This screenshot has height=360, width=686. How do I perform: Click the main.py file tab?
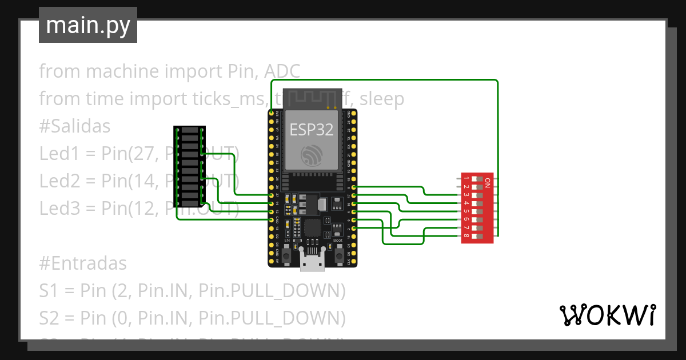87,25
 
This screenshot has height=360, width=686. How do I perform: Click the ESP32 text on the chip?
312,130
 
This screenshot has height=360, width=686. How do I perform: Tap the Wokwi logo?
607,315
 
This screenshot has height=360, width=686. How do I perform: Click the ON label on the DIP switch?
487,183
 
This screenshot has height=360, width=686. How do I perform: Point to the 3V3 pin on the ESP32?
271,114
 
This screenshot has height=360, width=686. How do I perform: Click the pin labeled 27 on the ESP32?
271,195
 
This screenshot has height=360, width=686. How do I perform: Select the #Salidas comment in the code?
74,126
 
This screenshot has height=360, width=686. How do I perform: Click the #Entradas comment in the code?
83,263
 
